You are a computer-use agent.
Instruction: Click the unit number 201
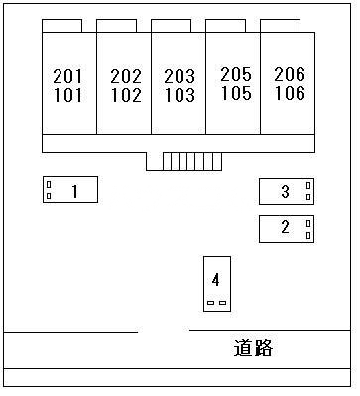tap(68, 76)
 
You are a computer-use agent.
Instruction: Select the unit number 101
tap(68, 96)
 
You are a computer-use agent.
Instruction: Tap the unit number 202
tap(125, 76)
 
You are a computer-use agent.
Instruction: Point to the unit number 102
tap(125, 96)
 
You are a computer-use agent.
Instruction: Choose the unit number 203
tap(180, 76)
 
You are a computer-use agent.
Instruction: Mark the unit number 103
tap(180, 96)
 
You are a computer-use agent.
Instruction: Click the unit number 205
tap(235, 74)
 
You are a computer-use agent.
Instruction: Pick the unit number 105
tap(235, 93)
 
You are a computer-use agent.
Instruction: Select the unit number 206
tap(289, 74)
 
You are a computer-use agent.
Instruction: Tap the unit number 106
tap(289, 93)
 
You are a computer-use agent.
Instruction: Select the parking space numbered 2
tap(287, 228)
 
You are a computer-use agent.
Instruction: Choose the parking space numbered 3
tap(287, 191)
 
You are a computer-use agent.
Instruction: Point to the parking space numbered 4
tap(216, 282)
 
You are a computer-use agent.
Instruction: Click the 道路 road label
tap(253, 348)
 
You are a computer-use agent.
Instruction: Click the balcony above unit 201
tap(61, 25)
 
